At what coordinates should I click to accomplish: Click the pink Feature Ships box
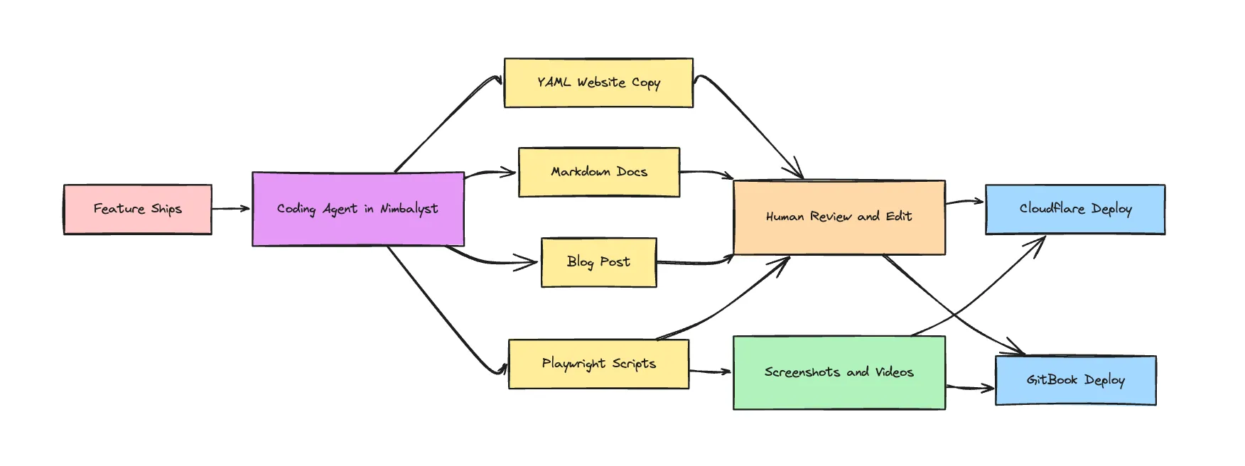pyautogui.click(x=137, y=210)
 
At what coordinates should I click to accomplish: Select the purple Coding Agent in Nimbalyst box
pyautogui.click(x=357, y=209)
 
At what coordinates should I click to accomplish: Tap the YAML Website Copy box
pyautogui.click(x=598, y=83)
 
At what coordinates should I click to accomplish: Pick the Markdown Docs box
pyautogui.click(x=598, y=172)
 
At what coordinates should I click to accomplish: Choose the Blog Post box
pyautogui.click(x=598, y=262)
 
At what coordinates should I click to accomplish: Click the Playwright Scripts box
pyautogui.click(x=598, y=364)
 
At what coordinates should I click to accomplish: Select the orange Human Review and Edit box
pyautogui.click(x=839, y=217)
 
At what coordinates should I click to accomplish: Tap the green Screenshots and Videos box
pyautogui.click(x=839, y=372)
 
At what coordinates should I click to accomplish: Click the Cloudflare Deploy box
pyautogui.click(x=1074, y=209)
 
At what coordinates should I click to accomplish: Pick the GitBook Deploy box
pyautogui.click(x=1074, y=380)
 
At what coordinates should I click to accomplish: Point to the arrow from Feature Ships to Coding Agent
pyautogui.click(x=231, y=209)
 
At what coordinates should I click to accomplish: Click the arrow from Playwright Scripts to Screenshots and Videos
pyautogui.click(x=710, y=371)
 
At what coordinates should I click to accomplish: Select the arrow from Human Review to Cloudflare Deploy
pyautogui.click(x=964, y=202)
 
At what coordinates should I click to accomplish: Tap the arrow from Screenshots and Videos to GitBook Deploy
pyautogui.click(x=970, y=388)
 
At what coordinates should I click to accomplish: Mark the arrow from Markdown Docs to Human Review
pyautogui.click(x=706, y=172)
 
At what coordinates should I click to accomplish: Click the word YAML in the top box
pyautogui.click(x=554, y=82)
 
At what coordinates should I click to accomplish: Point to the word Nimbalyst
pyautogui.click(x=409, y=209)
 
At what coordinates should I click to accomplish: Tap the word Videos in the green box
pyautogui.click(x=894, y=372)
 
